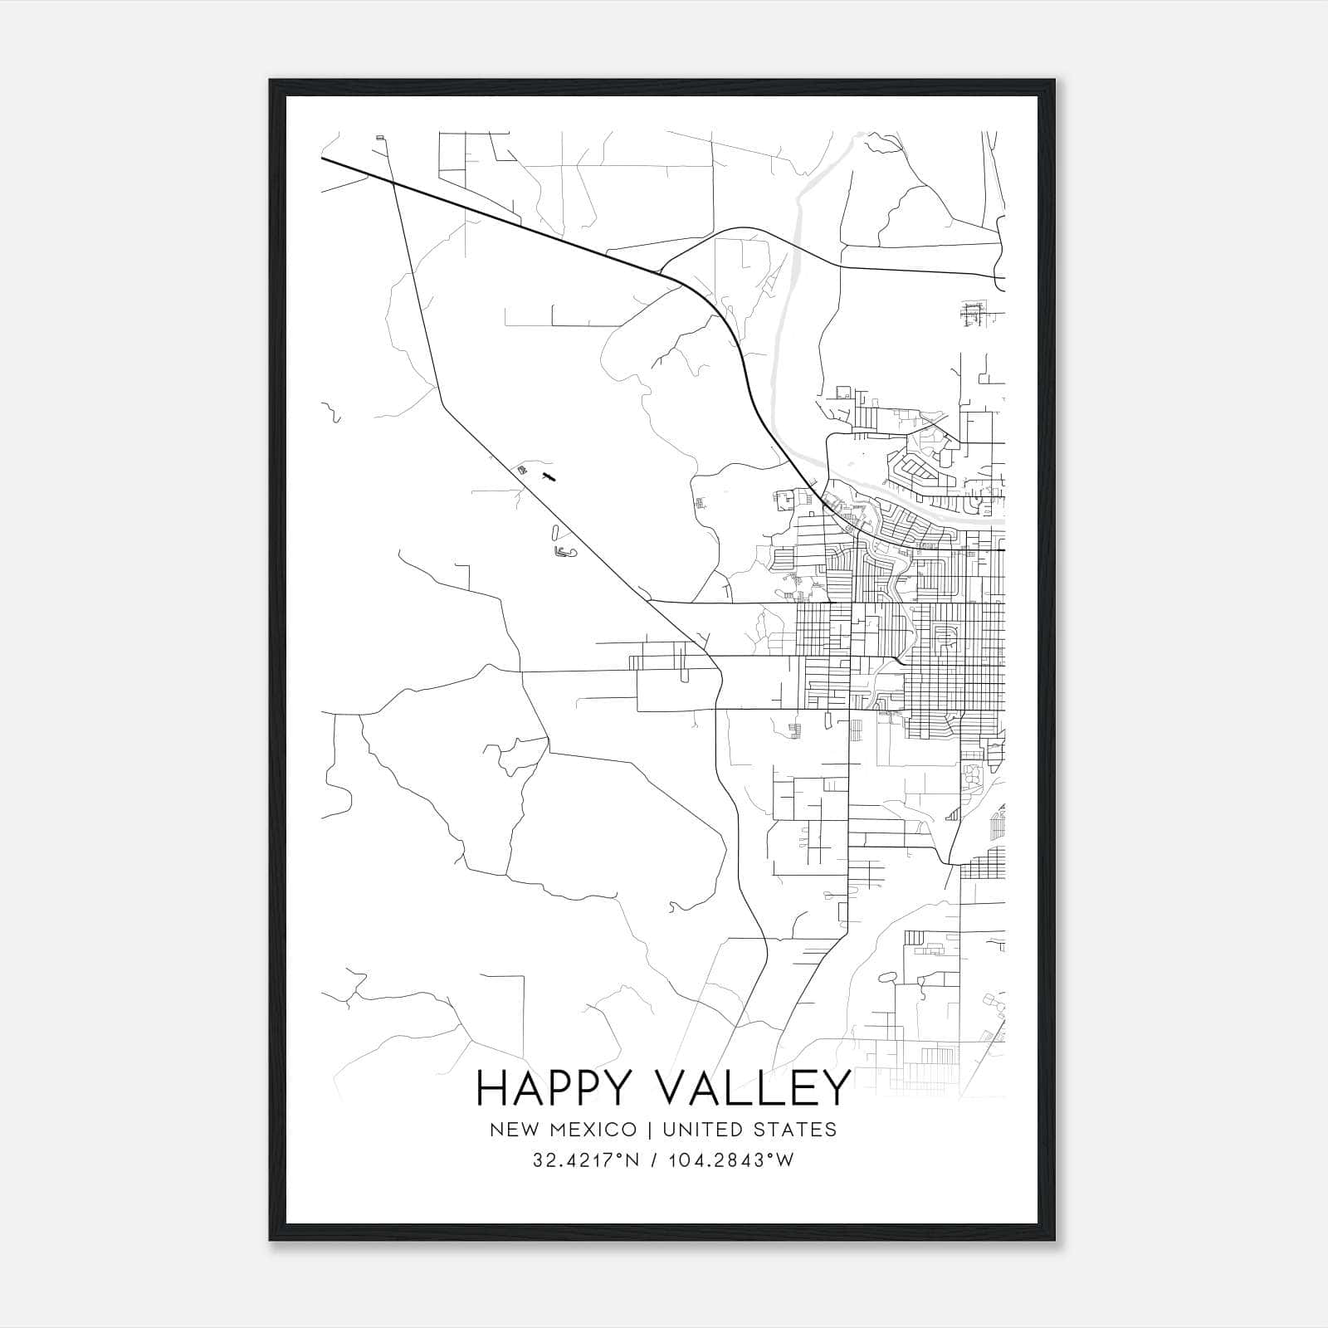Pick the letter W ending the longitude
tap(785, 1160)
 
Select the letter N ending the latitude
tap(632, 1160)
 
